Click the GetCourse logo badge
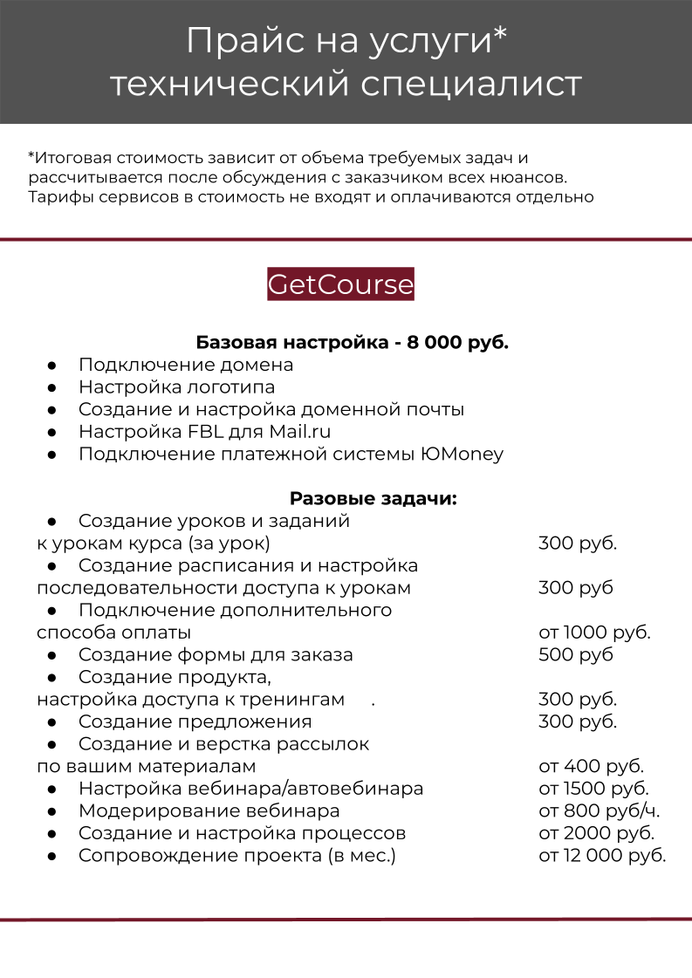point(340,285)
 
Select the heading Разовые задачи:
point(373,499)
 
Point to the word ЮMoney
point(462,454)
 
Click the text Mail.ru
point(299,431)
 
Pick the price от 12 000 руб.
point(602,855)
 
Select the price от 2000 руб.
point(596,832)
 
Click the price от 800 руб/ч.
point(599,810)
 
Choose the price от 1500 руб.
point(593,789)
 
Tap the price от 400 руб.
point(591,766)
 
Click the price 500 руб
point(576,654)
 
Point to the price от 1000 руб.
point(594,633)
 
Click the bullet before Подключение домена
point(52,365)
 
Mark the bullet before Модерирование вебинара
point(52,810)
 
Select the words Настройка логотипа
point(176,386)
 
